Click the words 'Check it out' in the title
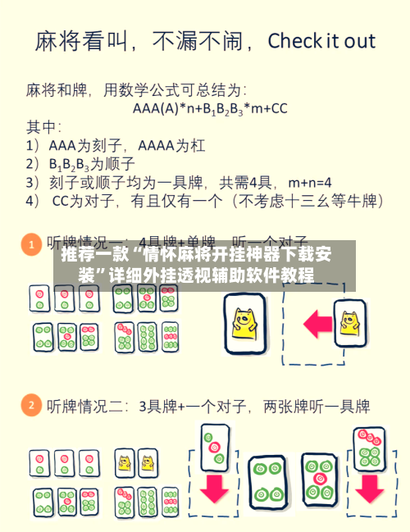(x=321, y=41)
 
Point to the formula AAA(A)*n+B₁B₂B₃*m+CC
(x=210, y=107)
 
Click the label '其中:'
(x=44, y=126)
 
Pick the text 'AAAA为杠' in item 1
(x=171, y=145)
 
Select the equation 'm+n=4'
(x=304, y=181)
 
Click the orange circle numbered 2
(x=31, y=405)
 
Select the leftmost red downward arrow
(x=215, y=487)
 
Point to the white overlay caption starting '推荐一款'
(x=196, y=264)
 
